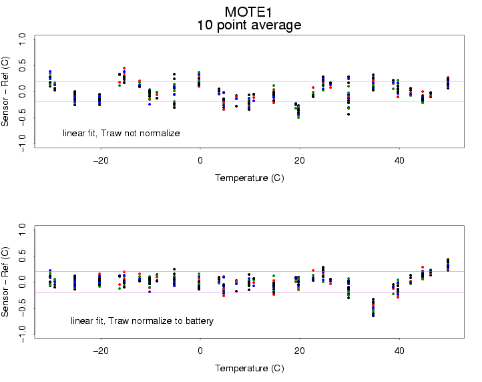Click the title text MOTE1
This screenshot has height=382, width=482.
[248, 12]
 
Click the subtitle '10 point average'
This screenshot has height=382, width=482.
[248, 26]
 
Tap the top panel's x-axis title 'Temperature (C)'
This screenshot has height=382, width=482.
[249, 178]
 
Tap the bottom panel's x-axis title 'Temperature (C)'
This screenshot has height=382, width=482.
[249, 368]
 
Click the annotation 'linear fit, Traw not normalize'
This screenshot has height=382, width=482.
[122, 134]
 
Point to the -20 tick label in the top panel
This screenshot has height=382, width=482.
[100, 161]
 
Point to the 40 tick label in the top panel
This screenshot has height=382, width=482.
[399, 161]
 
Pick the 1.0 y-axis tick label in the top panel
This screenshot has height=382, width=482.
[22, 41]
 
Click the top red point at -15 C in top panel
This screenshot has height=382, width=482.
[124, 68]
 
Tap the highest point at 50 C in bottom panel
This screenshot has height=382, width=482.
[448, 259]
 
